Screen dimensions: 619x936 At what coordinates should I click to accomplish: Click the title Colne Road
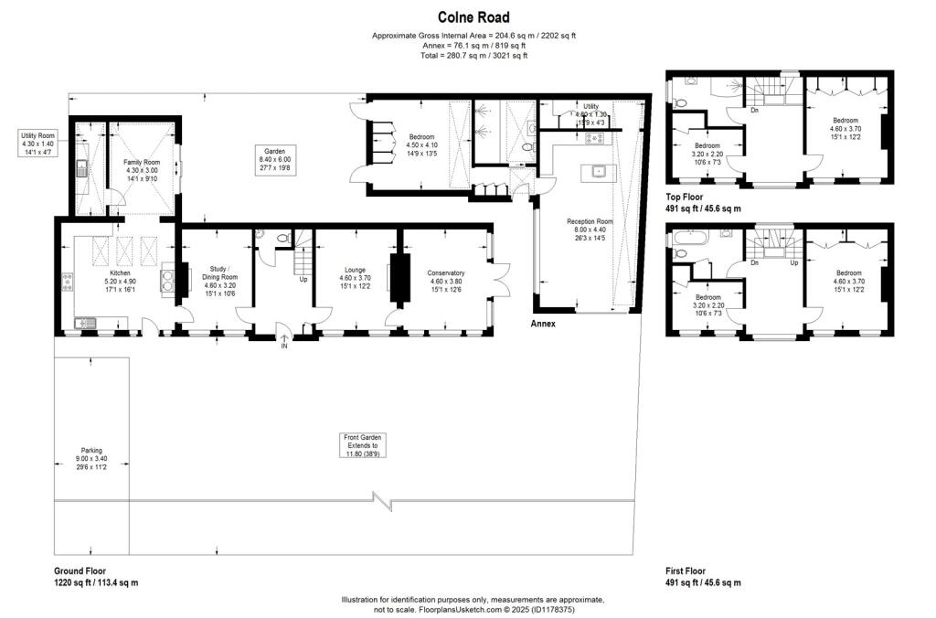(x=473, y=17)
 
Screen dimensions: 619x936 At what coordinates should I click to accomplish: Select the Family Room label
(x=142, y=162)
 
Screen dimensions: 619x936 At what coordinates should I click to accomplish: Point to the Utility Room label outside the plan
(x=38, y=135)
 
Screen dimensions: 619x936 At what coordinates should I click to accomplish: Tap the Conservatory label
(x=445, y=272)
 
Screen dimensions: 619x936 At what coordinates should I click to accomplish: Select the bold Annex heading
(x=544, y=324)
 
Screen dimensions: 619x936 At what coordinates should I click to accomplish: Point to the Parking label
(x=91, y=450)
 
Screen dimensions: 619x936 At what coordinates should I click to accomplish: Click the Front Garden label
(x=362, y=438)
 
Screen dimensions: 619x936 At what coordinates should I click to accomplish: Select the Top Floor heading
(x=686, y=197)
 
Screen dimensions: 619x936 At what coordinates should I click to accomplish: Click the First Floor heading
(x=687, y=571)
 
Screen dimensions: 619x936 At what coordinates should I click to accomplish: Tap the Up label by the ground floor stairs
(x=303, y=279)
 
